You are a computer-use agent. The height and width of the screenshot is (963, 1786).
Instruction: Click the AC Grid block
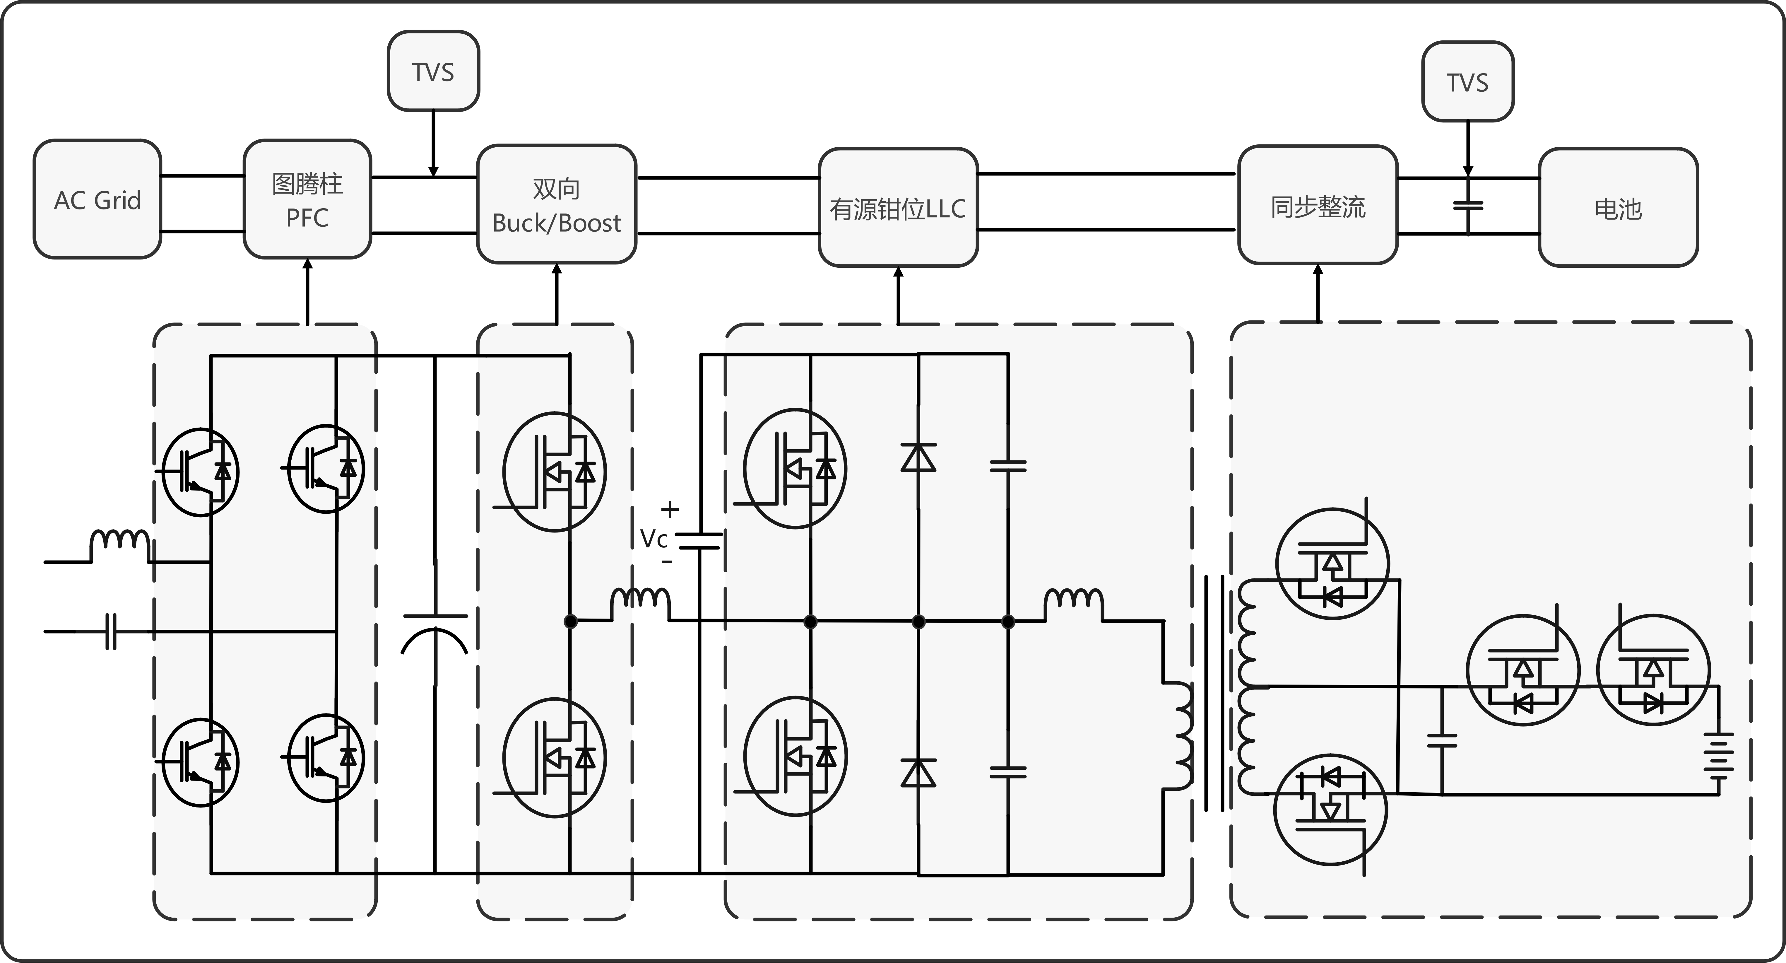pyautogui.click(x=97, y=200)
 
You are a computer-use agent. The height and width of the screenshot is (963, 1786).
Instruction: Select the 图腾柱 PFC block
pyautogui.click(x=307, y=200)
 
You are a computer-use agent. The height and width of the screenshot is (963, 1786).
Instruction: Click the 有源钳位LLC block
pyautogui.click(x=898, y=207)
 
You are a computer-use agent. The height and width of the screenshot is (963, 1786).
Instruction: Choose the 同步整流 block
pyautogui.click(x=1317, y=205)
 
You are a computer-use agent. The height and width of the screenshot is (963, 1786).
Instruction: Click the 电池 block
pyautogui.click(x=1618, y=207)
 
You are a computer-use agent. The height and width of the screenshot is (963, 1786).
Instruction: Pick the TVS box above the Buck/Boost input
pyautogui.click(x=433, y=71)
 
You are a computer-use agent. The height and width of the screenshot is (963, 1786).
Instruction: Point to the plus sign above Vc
pyautogui.click(x=669, y=510)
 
